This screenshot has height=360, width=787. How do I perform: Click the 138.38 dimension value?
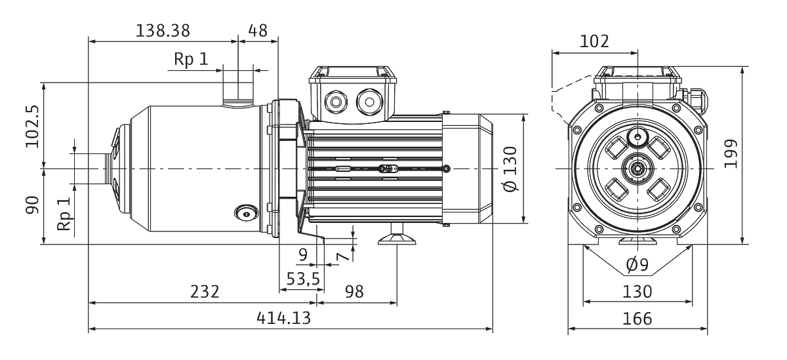(163, 31)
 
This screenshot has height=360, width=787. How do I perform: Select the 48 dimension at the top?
(258, 31)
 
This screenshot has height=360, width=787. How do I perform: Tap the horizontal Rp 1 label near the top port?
(191, 59)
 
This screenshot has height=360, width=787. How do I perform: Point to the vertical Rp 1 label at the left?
(64, 214)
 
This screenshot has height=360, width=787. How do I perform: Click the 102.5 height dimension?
(32, 127)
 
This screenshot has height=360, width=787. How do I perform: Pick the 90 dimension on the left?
(32, 205)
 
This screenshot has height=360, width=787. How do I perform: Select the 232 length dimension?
(205, 292)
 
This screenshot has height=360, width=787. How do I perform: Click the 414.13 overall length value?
(283, 318)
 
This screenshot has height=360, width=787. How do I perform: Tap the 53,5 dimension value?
(303, 279)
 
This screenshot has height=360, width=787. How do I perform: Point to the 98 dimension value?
(354, 292)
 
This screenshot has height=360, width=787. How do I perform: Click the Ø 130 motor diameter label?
(510, 169)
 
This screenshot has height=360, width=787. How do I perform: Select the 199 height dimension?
(731, 154)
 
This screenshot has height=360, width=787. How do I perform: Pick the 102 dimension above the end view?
(594, 41)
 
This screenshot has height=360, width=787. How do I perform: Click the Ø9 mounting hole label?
(637, 264)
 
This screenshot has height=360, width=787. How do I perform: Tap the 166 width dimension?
(637, 319)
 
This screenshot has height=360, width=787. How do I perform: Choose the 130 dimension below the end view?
(637, 292)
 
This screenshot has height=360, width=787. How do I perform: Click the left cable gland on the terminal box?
(336, 102)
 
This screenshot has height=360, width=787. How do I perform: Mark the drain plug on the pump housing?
(247, 213)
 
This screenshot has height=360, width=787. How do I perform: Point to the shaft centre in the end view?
(637, 169)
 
